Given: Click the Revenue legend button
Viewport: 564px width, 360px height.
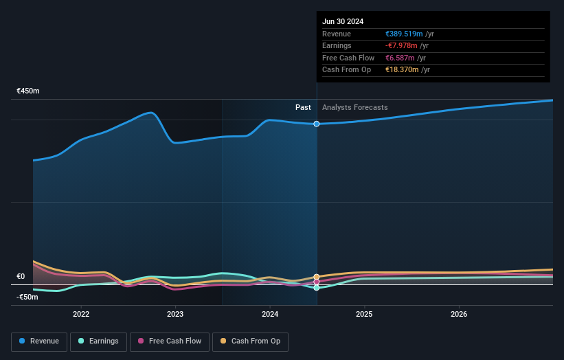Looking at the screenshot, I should (x=40, y=341).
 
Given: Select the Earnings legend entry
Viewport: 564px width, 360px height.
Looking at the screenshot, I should (x=99, y=341).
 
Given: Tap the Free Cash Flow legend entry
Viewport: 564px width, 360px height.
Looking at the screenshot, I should (x=169, y=341).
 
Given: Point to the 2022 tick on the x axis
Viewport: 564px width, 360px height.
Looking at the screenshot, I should (x=81, y=314).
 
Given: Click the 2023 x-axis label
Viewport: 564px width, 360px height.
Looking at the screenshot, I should (x=175, y=314).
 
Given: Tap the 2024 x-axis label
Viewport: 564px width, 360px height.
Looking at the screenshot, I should (x=270, y=314).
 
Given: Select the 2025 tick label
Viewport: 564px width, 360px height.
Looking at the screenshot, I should (x=364, y=314).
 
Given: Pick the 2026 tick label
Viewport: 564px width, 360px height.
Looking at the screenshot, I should (x=459, y=314).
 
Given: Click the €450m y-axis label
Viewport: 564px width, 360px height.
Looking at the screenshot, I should (x=28, y=91).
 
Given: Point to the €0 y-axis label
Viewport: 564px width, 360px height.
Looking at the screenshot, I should (x=21, y=277).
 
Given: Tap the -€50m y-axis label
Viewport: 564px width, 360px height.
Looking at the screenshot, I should (x=27, y=297).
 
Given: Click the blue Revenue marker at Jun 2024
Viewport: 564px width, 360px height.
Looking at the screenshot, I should (x=317, y=124).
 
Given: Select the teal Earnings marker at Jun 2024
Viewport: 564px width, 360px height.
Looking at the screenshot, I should (x=317, y=288).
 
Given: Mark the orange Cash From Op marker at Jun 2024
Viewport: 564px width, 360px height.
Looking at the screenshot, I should (x=317, y=277).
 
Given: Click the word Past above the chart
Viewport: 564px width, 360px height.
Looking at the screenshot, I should (x=303, y=108).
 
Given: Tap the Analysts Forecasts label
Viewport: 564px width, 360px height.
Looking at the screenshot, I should (x=354, y=108).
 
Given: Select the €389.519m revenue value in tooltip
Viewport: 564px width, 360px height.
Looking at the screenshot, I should (x=404, y=34).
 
